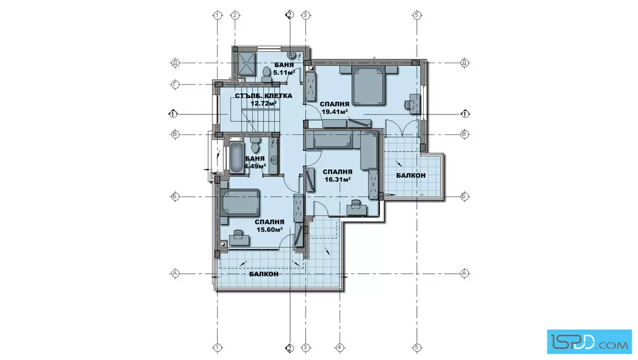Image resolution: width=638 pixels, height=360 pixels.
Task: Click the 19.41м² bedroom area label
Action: (334, 112)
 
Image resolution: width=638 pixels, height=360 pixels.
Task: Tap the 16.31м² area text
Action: (337, 179)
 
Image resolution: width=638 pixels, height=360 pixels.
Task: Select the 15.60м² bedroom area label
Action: (269, 230)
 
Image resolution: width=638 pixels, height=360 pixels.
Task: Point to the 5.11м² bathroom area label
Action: (284, 72)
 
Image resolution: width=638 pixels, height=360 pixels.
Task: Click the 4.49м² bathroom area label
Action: (255, 166)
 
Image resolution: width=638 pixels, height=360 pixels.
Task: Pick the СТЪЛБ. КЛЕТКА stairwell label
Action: (263, 96)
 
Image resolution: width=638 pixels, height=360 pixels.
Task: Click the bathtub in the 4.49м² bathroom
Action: (236, 158)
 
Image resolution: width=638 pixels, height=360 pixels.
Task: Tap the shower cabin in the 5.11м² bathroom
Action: (246, 65)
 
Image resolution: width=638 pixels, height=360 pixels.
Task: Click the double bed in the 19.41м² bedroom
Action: (369, 85)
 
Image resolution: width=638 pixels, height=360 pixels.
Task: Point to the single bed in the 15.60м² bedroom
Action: (240, 202)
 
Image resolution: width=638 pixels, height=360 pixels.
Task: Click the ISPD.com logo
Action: (589, 341)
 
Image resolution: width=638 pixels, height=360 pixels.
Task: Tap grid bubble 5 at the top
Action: (416, 15)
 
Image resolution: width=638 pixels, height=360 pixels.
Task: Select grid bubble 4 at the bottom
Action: (340, 348)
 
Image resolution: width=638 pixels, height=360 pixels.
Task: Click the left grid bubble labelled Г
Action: (175, 85)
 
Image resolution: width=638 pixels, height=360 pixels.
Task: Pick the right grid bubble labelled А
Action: (464, 273)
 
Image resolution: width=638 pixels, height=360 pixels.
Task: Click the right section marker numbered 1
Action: (465, 114)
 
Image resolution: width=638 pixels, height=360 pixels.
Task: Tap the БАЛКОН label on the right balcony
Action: (411, 175)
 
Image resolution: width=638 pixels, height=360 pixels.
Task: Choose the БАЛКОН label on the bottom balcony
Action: (264, 274)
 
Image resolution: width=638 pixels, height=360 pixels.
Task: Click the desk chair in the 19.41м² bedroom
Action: (410, 105)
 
